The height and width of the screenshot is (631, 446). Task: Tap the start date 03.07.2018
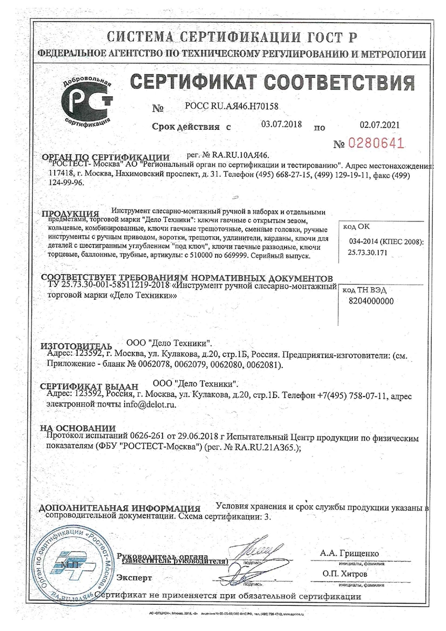coord(282,124)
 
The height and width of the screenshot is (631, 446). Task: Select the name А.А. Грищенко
coord(349,554)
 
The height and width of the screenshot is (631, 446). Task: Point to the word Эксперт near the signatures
coord(134,577)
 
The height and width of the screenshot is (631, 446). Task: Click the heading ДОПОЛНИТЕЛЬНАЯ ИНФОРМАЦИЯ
coord(120,508)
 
